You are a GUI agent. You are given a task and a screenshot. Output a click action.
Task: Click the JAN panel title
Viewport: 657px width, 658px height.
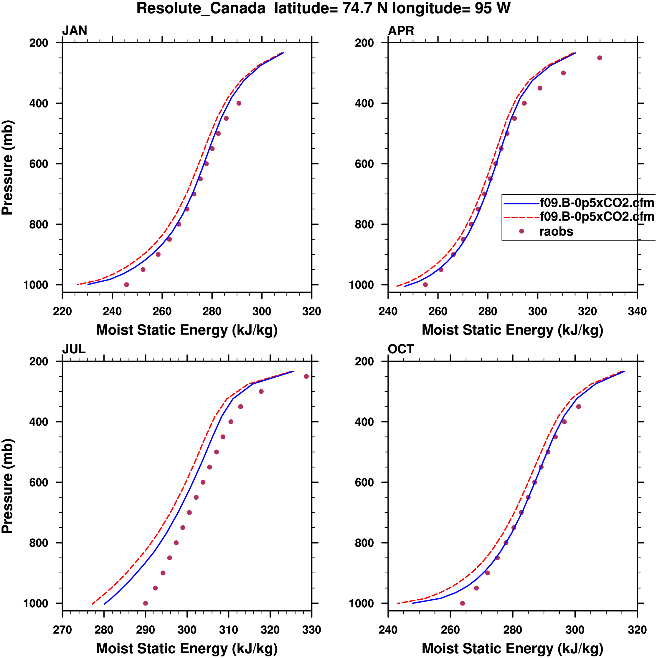[75, 31]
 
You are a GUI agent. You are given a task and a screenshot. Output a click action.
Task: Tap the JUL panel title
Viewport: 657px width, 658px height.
[74, 349]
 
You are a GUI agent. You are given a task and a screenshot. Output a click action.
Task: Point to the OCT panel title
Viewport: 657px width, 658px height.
[401, 349]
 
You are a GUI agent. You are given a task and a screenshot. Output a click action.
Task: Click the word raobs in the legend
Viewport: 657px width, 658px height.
[556, 232]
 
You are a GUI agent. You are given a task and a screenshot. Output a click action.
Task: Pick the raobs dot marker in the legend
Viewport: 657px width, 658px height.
[521, 231]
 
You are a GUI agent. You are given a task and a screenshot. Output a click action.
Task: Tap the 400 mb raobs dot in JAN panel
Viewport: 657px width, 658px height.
[239, 103]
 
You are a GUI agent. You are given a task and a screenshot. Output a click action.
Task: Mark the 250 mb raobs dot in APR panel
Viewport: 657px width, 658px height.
[600, 58]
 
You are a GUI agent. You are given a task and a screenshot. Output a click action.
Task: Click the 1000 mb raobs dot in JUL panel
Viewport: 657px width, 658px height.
[146, 603]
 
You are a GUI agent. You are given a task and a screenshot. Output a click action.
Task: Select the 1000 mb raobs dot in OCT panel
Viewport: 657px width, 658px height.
[462, 603]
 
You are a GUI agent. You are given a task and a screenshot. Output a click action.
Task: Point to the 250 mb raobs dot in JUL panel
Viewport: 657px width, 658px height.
[306, 376]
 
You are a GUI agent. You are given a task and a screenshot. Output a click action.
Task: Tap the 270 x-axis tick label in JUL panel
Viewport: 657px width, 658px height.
[62, 630]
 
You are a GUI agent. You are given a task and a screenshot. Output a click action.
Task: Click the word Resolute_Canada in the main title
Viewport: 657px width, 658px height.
[201, 8]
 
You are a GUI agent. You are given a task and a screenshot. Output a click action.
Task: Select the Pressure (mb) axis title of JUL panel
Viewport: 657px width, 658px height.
[7, 486]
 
